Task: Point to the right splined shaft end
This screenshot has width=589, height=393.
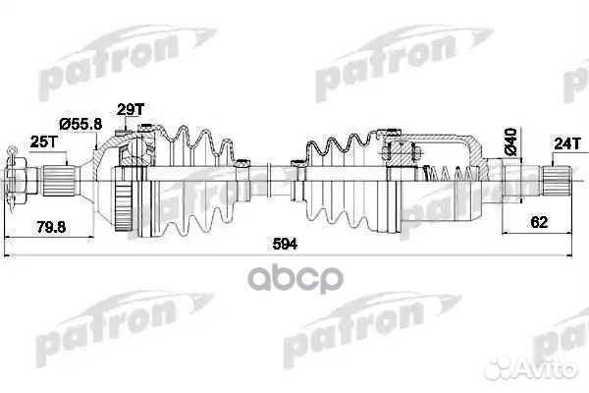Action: point(558,181)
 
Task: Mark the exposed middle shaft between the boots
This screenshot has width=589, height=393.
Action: point(270,183)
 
